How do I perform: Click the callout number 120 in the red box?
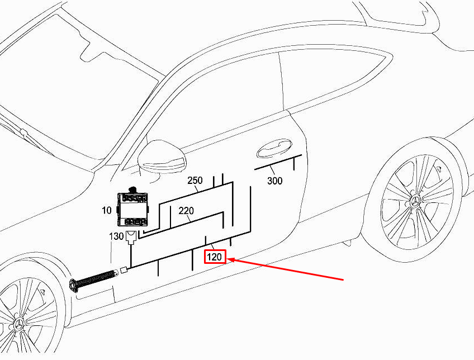click(x=214, y=257)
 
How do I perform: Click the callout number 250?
click(x=195, y=181)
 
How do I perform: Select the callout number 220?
click(x=186, y=210)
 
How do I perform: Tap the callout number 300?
click(x=275, y=181)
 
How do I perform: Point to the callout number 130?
click(x=116, y=236)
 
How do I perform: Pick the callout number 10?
click(x=107, y=210)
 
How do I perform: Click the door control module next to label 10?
click(x=132, y=209)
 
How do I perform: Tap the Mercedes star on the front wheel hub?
click(x=19, y=324)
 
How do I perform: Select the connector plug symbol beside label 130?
click(x=131, y=237)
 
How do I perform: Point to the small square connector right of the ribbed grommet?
click(x=124, y=270)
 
